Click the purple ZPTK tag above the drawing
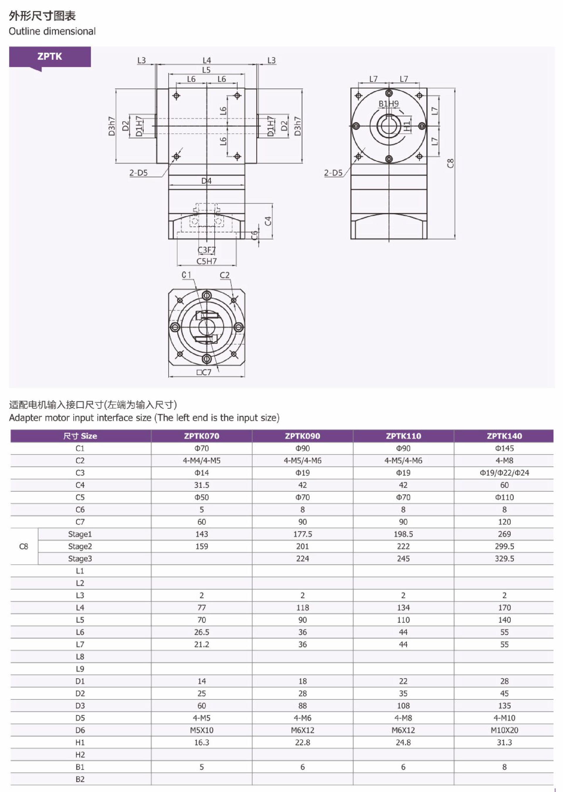[50, 57]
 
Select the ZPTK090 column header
[302, 436]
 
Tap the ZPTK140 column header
[504, 436]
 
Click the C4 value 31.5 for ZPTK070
[201, 485]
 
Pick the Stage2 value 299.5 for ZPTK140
[504, 546]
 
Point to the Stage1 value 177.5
[302, 534]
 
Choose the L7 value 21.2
[201, 644]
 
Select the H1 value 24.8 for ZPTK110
[403, 742]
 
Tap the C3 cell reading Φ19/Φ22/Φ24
[504, 473]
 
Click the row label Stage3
[80, 558]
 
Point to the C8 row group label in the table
[23, 546]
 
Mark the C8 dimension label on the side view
[450, 163]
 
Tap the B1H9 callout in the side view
[388, 104]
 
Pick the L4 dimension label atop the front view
[207, 60]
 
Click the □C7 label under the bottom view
[204, 372]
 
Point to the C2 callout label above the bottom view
[225, 275]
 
